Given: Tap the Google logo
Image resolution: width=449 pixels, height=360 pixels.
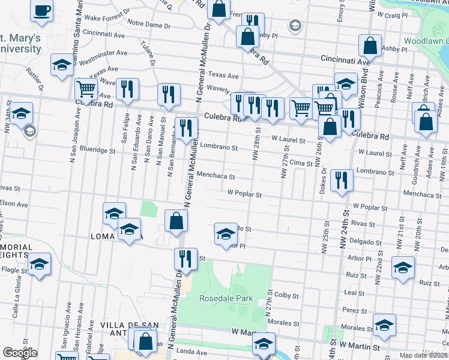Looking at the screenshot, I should click(20, 353).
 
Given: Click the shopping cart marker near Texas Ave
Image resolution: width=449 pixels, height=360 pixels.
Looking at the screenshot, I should click(86, 89).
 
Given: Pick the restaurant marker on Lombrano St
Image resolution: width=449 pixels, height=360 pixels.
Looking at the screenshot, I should click(342, 180).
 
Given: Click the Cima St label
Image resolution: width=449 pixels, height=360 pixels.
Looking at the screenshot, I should click(301, 163).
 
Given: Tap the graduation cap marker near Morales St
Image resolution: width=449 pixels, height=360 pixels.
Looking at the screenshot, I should click(384, 325).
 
